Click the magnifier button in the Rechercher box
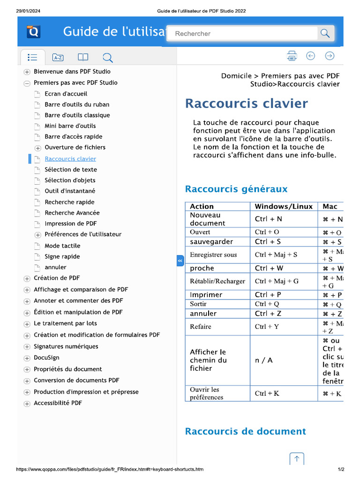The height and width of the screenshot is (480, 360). pos(324,33)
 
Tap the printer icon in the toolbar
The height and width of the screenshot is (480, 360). pos(292,56)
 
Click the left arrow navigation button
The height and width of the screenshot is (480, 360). pos(310,56)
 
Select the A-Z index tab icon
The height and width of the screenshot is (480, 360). pos(58,58)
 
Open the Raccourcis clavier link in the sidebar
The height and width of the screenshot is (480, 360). pos(70,159)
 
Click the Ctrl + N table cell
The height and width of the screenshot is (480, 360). pos(269,219)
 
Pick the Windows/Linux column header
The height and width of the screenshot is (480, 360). pos(284,206)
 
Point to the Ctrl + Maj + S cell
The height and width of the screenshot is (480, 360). pos(276,255)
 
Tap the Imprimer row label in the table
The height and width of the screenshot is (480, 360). pos(206,295)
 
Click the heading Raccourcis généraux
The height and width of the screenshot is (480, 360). pos(236,189)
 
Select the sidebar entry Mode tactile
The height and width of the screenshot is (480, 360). pos(62,246)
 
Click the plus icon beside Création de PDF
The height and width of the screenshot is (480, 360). pos(27,278)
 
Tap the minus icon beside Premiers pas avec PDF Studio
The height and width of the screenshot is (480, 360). pos(27,83)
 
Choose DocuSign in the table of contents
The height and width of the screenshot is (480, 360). pos(46,358)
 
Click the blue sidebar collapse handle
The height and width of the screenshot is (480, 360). pos(180,261)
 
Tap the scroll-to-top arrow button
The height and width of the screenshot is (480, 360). pos(297,459)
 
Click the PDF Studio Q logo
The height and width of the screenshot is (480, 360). pos(34,32)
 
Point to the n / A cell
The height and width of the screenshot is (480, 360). pos(264,360)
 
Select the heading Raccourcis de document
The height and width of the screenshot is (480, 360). pos(245,431)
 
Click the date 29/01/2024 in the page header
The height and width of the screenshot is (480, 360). pos(27,11)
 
